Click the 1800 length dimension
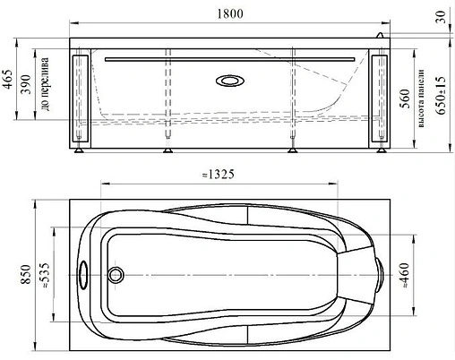(x=229, y=13)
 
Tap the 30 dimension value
(x=441, y=17)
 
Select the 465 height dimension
(x=8, y=79)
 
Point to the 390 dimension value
(x=26, y=84)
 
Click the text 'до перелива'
(x=45, y=84)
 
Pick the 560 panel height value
(x=405, y=99)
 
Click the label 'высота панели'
(x=421, y=99)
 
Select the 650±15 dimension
(x=442, y=95)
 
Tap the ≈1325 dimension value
(x=219, y=175)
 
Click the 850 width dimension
(x=26, y=274)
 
